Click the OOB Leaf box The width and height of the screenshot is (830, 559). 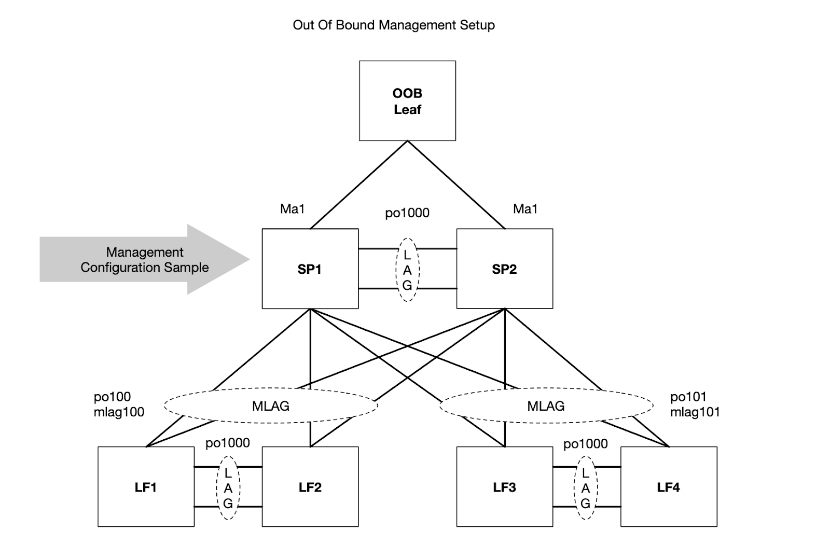(407, 101)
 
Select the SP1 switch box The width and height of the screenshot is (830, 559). (310, 269)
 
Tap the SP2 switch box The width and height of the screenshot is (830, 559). (504, 269)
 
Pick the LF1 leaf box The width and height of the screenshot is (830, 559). (146, 487)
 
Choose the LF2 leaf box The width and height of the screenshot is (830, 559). (310, 487)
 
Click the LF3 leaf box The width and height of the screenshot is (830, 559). (504, 487)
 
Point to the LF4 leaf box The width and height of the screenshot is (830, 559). (668, 487)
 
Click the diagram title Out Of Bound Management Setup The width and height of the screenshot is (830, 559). (394, 25)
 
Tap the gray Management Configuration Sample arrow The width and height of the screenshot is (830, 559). (145, 260)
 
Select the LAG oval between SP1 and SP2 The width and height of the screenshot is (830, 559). (407, 270)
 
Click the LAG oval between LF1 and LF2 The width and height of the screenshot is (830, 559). (228, 488)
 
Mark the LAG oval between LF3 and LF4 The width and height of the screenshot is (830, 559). (585, 488)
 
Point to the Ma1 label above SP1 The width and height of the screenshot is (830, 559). (293, 209)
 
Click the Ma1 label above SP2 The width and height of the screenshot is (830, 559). (525, 209)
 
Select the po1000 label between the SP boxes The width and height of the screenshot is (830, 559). (407, 213)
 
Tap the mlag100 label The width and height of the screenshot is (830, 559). (119, 412)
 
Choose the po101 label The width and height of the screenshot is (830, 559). (688, 397)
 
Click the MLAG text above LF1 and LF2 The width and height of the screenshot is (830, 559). (271, 406)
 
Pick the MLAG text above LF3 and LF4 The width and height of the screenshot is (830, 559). (546, 406)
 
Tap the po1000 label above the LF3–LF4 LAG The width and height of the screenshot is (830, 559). (585, 444)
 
